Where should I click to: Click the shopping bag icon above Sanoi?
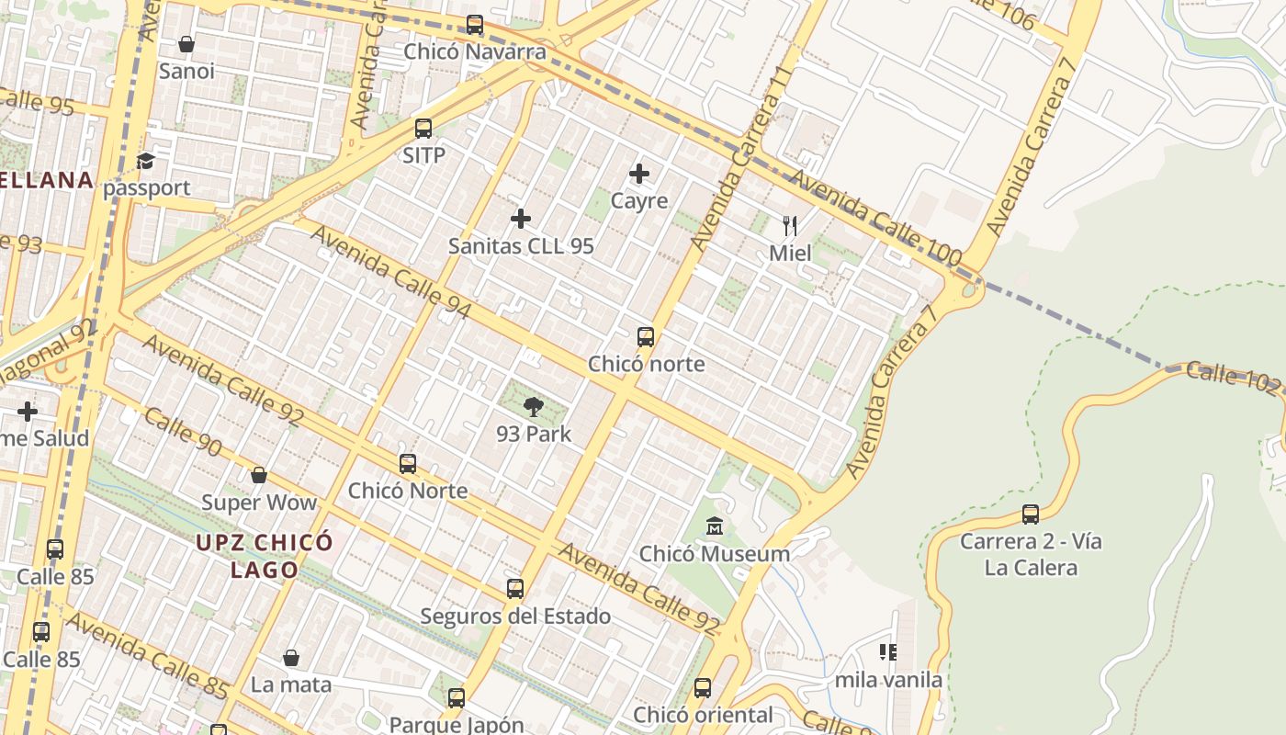point(186,44)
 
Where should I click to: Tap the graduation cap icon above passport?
point(145,162)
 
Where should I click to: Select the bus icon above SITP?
point(423,129)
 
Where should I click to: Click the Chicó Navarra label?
point(475,51)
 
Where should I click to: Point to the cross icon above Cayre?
point(639,174)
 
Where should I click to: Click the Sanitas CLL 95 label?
point(521,246)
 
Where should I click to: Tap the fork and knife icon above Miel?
point(790,225)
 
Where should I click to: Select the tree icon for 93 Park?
point(533,407)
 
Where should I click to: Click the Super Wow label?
point(259,503)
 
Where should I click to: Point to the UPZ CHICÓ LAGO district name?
point(264,556)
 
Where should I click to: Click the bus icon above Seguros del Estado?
point(515,589)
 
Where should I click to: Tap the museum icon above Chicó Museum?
point(715,526)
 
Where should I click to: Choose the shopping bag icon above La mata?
point(291,658)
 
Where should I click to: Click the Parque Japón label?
point(457,725)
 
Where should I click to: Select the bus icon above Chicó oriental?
point(703,687)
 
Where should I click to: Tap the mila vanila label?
point(888,680)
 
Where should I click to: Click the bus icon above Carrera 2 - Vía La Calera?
point(1031,514)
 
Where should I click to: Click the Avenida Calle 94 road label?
point(390,273)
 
